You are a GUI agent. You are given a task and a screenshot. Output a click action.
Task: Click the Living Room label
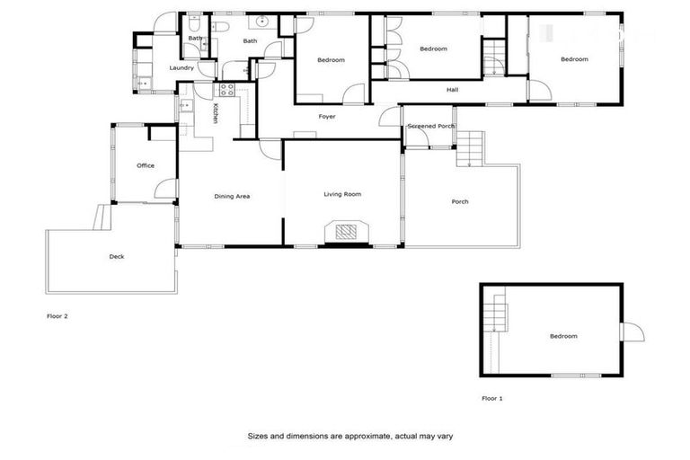[342, 194]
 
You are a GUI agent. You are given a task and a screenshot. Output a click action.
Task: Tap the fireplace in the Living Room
[347, 232]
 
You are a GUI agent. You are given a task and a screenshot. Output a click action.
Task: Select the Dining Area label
[232, 196]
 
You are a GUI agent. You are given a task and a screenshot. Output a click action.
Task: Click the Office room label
[146, 165]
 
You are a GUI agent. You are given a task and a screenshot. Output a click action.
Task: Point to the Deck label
[117, 257]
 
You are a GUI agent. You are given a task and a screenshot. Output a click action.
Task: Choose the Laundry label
[181, 68]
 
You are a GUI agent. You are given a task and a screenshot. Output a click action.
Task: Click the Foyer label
[327, 117]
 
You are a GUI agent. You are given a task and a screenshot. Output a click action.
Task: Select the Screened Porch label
[431, 127]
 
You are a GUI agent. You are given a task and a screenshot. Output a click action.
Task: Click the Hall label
[453, 90]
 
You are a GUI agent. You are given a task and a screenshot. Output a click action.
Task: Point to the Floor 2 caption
[57, 316]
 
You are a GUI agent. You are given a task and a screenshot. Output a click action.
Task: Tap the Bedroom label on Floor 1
[564, 336]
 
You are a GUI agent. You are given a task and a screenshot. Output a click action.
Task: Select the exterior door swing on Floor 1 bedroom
[633, 332]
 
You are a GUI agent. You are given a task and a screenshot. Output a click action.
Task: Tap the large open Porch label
[460, 201]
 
